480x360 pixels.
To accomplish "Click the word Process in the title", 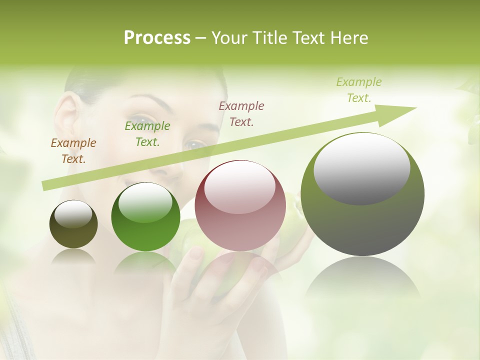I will click(157, 38).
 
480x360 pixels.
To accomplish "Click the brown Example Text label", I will click(73, 151).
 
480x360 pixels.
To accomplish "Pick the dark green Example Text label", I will click(147, 134).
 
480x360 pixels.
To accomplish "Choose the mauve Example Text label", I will click(241, 113).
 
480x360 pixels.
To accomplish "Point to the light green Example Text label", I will click(359, 90).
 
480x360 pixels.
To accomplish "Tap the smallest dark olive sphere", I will click(73, 224).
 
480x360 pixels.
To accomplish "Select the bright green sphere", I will click(145, 216).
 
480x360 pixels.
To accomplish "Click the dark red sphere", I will click(240, 205).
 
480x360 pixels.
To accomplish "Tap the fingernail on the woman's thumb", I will click(196, 254).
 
